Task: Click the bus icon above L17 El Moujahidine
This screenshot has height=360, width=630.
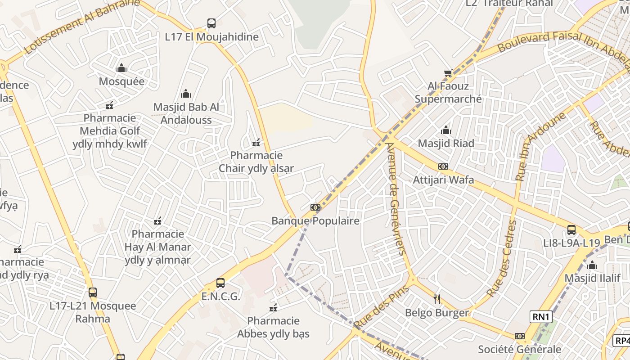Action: [x=211, y=23]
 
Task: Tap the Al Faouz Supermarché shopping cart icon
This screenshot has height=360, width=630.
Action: [x=448, y=73]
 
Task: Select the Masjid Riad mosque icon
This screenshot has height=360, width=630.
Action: [x=446, y=130]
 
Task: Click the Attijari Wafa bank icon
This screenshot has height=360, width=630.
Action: [x=443, y=166]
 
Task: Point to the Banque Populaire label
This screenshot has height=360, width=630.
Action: [x=315, y=221]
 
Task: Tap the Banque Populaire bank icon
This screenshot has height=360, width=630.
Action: [x=315, y=207]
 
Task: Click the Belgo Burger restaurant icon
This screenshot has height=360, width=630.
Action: [x=436, y=299]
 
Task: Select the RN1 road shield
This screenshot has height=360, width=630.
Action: [x=541, y=317]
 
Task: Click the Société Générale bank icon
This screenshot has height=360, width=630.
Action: [x=520, y=336]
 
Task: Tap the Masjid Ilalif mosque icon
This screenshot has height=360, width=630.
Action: [x=592, y=265]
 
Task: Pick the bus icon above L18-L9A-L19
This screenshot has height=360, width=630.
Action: [x=571, y=229]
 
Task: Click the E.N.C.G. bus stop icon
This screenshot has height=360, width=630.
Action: [x=220, y=283]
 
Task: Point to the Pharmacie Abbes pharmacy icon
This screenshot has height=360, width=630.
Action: [x=273, y=308]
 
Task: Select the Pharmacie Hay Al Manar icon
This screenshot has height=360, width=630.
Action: [x=157, y=221]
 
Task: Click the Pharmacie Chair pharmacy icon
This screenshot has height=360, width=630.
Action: [x=256, y=143]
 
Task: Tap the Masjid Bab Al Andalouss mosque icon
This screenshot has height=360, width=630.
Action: [x=186, y=94]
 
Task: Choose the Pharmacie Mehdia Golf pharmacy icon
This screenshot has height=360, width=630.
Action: [x=109, y=105]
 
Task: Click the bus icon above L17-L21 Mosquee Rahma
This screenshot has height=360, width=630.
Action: [x=93, y=292]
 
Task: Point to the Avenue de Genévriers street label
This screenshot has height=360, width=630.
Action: [x=396, y=198]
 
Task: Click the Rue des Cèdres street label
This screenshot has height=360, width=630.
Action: [x=500, y=259]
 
